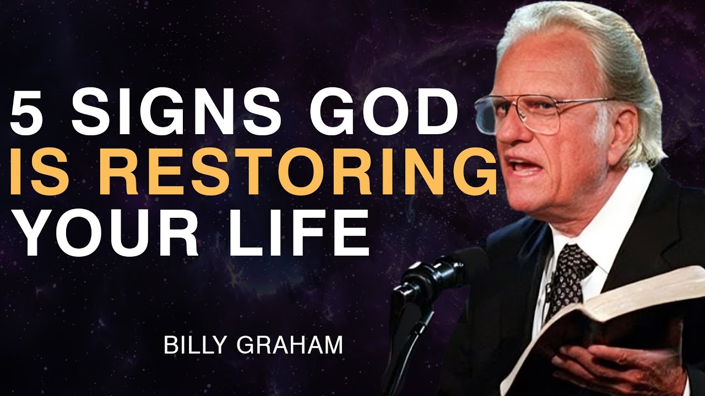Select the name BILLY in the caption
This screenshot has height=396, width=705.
[x=191, y=347]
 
